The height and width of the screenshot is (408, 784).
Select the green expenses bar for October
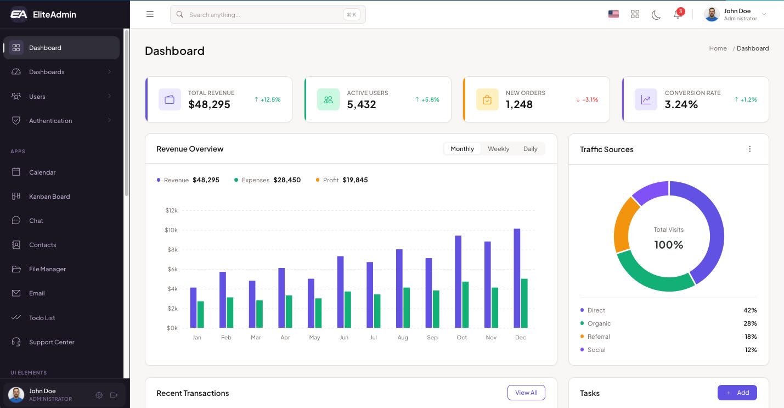(x=465, y=305)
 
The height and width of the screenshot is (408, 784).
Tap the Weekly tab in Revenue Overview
(x=498, y=149)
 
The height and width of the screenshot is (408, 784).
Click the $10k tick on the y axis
(x=171, y=230)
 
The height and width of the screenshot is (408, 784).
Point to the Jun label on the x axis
(x=344, y=338)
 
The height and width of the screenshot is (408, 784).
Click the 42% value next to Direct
(x=750, y=310)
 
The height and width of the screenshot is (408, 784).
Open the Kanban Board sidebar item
(x=49, y=197)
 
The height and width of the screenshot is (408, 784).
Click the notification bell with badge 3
(x=678, y=14)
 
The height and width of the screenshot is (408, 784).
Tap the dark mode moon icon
(x=656, y=15)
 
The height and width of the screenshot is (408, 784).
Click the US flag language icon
(x=613, y=15)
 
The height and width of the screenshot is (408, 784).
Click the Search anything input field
(x=263, y=15)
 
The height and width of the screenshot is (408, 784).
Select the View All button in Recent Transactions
(x=526, y=393)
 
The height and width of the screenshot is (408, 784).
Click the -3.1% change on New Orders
(x=587, y=99)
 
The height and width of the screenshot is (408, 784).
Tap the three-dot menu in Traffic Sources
(x=749, y=149)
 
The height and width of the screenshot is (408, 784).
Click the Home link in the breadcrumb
(x=718, y=48)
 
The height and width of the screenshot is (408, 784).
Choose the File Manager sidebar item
(x=47, y=269)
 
